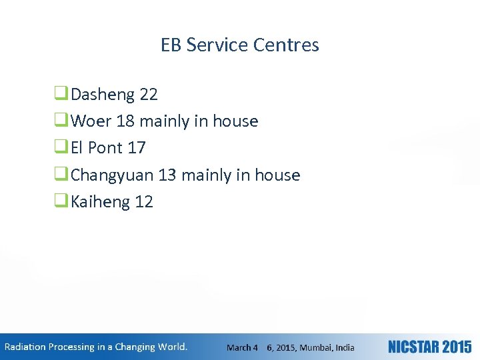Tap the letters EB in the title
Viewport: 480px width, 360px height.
click(171, 45)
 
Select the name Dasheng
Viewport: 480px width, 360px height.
click(103, 95)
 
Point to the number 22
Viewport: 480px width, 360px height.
click(149, 95)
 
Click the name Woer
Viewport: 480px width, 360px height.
click(91, 121)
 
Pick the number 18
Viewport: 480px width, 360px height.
click(125, 121)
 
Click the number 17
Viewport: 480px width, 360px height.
click(136, 148)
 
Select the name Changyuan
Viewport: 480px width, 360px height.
click(113, 175)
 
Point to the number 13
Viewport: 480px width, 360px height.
click(167, 175)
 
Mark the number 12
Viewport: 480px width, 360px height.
click(144, 202)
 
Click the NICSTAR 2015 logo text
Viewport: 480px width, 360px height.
click(429, 347)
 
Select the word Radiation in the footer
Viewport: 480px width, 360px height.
click(26, 347)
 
